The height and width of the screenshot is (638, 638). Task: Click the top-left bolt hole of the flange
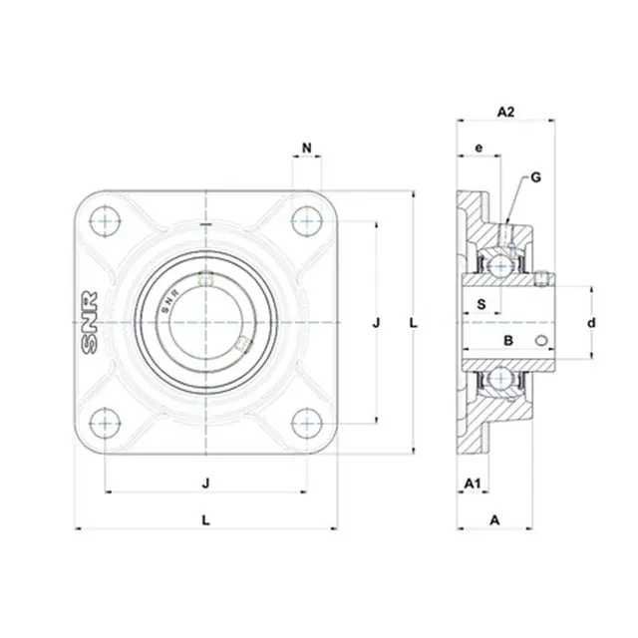click(x=106, y=221)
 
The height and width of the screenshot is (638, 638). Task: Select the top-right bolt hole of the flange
click(x=307, y=221)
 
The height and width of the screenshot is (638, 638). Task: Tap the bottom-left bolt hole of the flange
click(x=106, y=423)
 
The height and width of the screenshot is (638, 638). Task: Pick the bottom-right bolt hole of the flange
click(x=307, y=423)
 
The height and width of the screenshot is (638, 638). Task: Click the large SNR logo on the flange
click(x=90, y=322)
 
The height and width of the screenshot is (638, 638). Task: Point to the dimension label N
click(x=307, y=148)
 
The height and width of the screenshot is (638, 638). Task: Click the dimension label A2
click(x=505, y=112)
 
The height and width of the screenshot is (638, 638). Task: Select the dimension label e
click(x=478, y=148)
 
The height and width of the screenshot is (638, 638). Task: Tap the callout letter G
click(x=536, y=177)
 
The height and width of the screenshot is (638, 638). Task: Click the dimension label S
click(x=481, y=304)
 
